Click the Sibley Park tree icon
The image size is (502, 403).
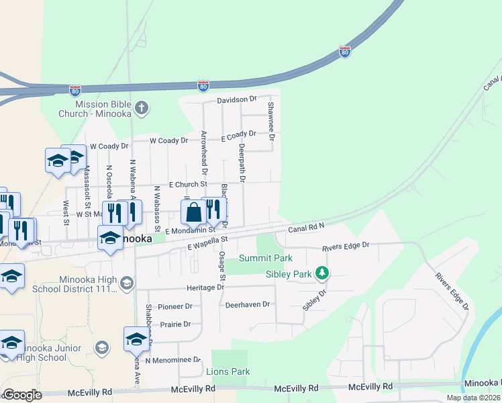323,273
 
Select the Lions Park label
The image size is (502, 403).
228,371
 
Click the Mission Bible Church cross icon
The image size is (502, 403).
141,107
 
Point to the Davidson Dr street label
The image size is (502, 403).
237,99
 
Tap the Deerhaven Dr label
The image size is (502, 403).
247,304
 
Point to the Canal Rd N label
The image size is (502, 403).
306,229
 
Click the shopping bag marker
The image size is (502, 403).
193,212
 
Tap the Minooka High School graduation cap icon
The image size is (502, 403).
126,283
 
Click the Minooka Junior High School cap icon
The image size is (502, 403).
101,347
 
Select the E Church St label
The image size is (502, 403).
188,184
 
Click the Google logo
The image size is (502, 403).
21,395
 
